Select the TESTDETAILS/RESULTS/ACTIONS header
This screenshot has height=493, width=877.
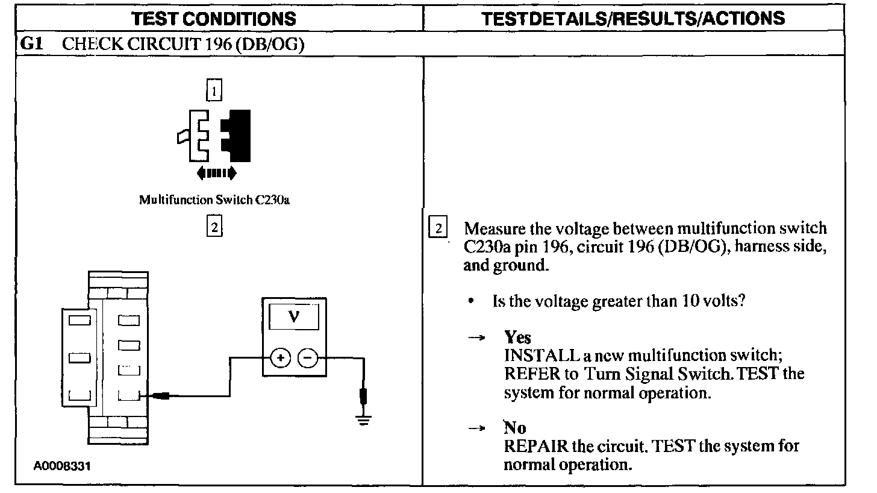(x=634, y=18)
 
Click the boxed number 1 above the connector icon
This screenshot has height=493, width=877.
(x=214, y=91)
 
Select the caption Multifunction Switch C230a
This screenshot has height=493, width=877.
(x=214, y=199)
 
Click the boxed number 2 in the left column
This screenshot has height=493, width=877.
(x=214, y=227)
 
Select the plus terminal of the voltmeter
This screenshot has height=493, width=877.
(x=280, y=358)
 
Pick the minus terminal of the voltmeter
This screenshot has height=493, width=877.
(x=308, y=358)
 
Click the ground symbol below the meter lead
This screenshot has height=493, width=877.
(x=363, y=420)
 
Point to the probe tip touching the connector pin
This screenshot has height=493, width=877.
(x=161, y=396)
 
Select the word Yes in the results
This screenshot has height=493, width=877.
(x=517, y=338)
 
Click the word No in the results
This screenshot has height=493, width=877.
(x=515, y=429)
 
